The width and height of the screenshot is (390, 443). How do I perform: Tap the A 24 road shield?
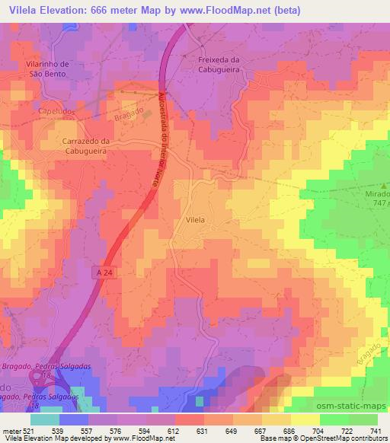[x=108, y=271]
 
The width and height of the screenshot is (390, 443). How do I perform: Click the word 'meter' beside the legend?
[x=11, y=430]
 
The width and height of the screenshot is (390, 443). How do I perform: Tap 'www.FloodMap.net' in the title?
[x=243, y=11]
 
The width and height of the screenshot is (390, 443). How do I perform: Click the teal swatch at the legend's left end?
[x=45, y=419]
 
